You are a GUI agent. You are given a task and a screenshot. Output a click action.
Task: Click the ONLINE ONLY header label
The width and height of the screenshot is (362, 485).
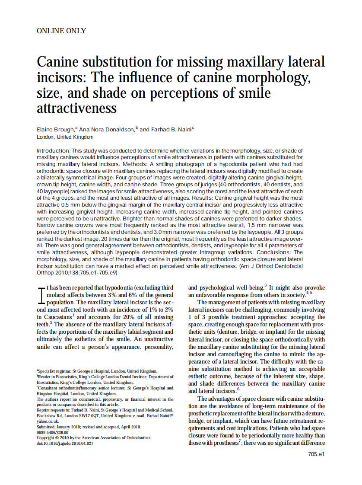61,31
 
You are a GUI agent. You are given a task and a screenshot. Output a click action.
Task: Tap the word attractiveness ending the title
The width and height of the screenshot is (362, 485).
76,108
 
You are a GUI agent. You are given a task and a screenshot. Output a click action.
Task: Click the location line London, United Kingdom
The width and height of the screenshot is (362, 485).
65,137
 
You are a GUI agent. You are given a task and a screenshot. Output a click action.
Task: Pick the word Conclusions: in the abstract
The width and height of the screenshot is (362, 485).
275,252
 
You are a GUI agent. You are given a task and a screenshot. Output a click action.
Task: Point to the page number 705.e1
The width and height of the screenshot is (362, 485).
316,454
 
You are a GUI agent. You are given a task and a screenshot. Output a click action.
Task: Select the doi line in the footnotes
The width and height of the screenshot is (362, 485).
65,444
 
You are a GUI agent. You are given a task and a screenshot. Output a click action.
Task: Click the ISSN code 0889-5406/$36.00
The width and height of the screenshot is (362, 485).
53,432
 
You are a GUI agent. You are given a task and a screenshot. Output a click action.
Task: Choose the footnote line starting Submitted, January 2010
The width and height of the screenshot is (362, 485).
89,427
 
